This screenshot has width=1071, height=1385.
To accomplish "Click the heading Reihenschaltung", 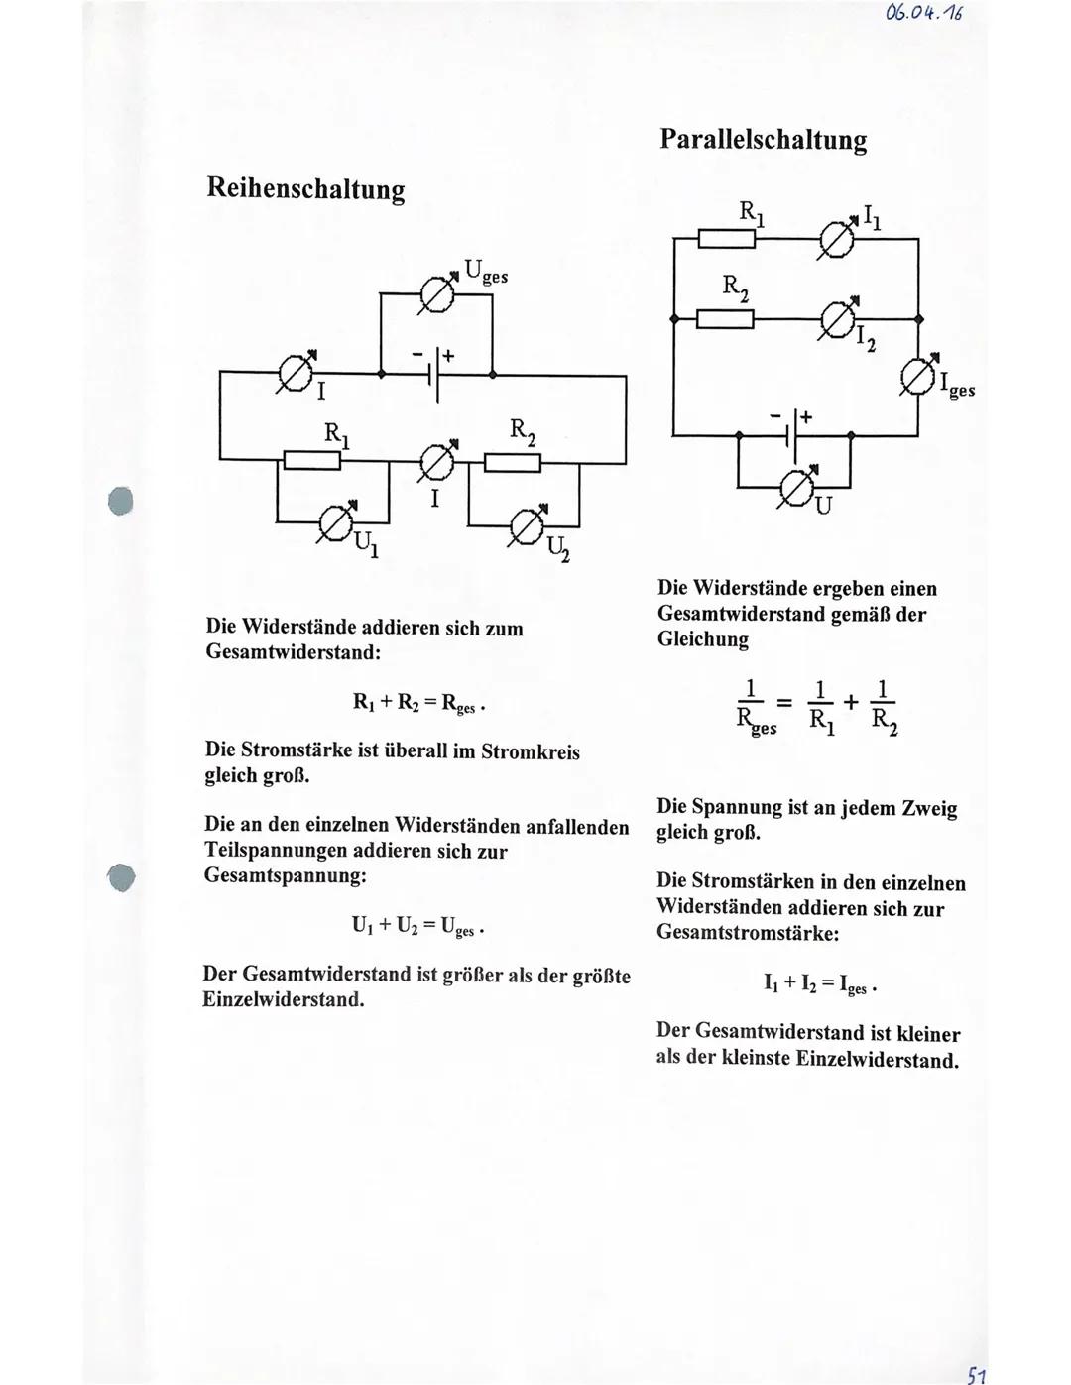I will pos(305,189).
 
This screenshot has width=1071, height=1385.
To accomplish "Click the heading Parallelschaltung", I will pos(763,139).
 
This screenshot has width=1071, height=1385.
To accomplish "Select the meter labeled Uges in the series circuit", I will pos(437,294).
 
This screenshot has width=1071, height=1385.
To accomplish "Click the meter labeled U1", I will pos(334,522).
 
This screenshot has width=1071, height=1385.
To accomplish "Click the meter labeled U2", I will pos(526,525).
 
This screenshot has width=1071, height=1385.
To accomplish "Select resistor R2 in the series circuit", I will pos(512,463).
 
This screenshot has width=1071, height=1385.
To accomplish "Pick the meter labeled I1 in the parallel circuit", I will pos(835,240).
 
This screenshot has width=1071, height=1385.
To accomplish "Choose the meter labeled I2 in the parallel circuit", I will pos(839,319).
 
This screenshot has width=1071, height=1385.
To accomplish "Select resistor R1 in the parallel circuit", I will pos(727,239).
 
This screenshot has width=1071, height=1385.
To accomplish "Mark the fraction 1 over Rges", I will pos(756,706).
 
